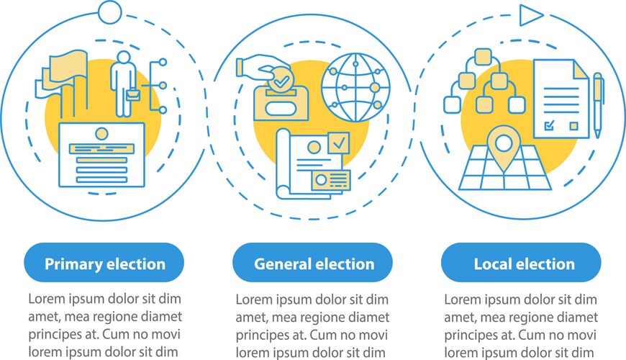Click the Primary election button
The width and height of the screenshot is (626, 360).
tap(104, 263)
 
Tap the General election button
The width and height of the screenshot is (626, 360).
tap(312, 263)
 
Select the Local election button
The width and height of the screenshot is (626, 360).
tap(521, 263)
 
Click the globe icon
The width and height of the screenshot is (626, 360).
tap(355, 88)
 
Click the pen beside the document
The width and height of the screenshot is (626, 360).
tap(598, 104)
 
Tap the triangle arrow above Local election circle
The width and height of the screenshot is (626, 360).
tap(531, 15)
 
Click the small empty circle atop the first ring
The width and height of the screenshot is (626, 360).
tap(109, 12)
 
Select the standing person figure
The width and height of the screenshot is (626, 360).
tap(123, 84)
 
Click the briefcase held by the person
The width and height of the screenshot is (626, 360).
tap(133, 96)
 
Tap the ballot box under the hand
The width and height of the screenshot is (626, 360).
tap(281, 103)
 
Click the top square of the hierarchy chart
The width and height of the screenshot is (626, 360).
tap(483, 57)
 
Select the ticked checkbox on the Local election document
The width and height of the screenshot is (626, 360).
tap(550, 125)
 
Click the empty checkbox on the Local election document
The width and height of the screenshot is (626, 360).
tap(573, 126)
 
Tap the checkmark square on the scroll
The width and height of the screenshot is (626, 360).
tap(339, 143)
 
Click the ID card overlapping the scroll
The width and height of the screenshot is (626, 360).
tap(331, 180)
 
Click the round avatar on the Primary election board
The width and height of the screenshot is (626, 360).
tap(101, 133)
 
